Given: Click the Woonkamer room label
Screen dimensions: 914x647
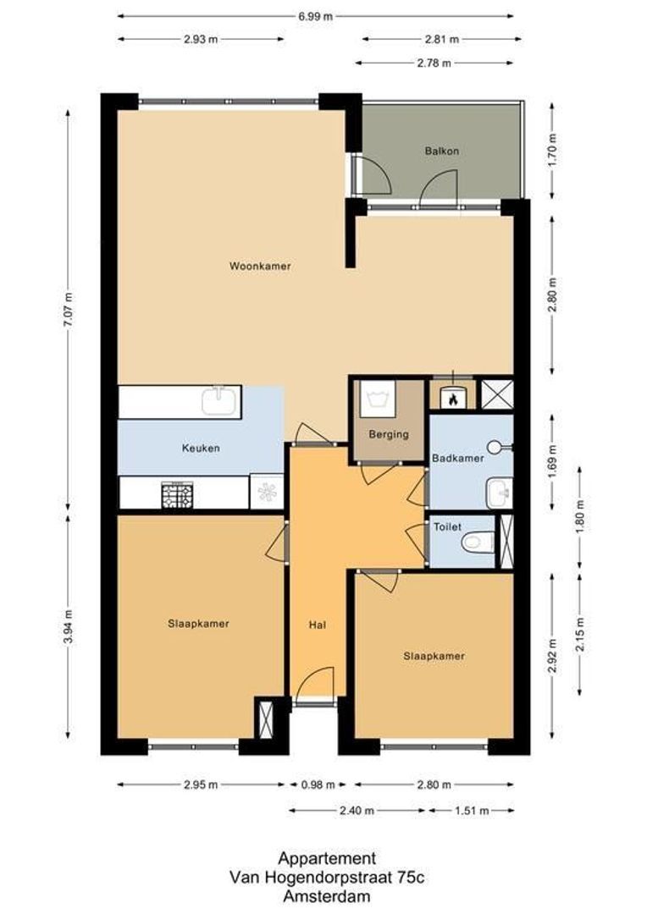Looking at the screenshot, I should pos(260,266).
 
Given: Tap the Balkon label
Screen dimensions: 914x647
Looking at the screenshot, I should pos(441,151).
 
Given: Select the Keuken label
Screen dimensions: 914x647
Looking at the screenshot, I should pos(200,448).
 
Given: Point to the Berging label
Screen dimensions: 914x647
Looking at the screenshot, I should pos(389,434).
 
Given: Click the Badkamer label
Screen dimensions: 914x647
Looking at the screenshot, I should pos(457,458).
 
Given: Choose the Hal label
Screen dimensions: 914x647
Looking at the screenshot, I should pos(318,626).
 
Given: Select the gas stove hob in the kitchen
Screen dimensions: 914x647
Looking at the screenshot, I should pos(177,494).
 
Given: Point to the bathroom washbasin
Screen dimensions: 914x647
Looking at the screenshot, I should pos(499,491).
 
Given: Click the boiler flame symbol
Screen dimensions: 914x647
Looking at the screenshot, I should pos(454,397).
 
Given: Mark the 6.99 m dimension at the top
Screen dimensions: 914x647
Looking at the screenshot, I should pos(315,16).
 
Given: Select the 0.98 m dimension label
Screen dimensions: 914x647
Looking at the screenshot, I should pos(318,785).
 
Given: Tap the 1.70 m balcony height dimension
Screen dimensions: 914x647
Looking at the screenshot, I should pos(552,151).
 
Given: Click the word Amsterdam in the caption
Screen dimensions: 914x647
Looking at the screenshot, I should pos(327,896).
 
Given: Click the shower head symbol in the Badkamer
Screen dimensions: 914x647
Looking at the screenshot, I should pos(503,445).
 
